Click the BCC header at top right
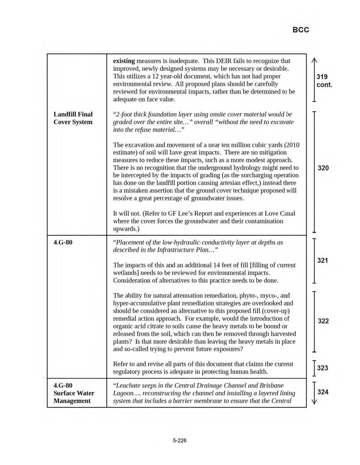[301, 30]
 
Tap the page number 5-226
[180, 440]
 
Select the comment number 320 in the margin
[323, 168]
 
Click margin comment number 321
[323, 260]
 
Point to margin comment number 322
[323, 321]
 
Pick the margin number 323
[322, 368]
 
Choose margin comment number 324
[323, 392]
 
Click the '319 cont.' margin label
[324, 80]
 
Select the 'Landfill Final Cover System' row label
[73, 118]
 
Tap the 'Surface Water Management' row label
[73, 397]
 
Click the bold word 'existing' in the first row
[124, 61]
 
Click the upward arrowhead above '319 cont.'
[314, 61]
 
